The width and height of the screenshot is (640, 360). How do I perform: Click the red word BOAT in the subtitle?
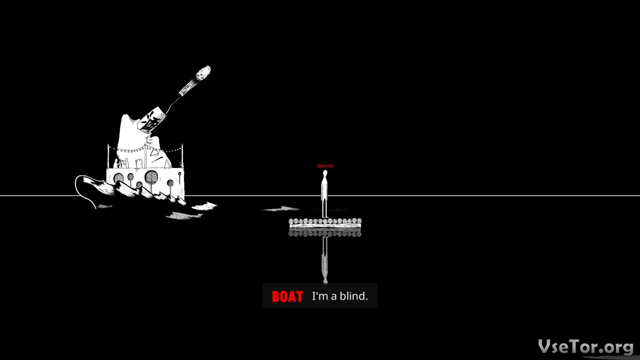pyautogui.click(x=287, y=296)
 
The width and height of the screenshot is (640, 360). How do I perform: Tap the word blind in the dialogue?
pyautogui.click(x=353, y=296)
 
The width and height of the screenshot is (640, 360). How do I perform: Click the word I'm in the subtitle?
pyautogui.click(x=320, y=296)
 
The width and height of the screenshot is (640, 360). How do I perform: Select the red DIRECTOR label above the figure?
pyautogui.click(x=325, y=166)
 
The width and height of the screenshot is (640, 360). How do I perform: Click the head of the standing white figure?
pyautogui.click(x=325, y=173)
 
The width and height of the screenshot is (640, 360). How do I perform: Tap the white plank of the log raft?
pyautogui.click(x=325, y=226)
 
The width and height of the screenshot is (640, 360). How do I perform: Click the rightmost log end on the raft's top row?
pyautogui.click(x=359, y=221)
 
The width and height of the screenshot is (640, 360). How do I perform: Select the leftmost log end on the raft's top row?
pyautogui.click(x=291, y=221)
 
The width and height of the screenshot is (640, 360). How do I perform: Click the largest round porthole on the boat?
pyautogui.click(x=151, y=177)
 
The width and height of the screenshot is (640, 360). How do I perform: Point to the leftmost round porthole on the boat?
pyautogui.click(x=119, y=177)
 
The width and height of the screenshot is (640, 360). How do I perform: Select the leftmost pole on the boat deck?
pyautogui.click(x=108, y=156)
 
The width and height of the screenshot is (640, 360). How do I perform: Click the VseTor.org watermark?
pyautogui.click(x=585, y=346)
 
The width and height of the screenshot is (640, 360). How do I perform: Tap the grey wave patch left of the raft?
pyautogui.click(x=282, y=209)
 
